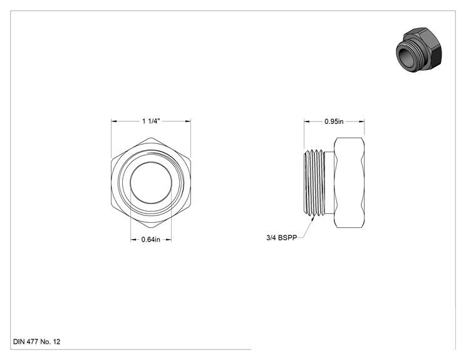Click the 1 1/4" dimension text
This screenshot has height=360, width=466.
click(x=151, y=121)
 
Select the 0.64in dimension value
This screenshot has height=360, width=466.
click(x=151, y=239)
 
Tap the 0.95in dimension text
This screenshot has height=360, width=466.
click(x=334, y=121)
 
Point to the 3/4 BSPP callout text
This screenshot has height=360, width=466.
click(x=282, y=238)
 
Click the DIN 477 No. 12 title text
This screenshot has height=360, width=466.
click(x=37, y=342)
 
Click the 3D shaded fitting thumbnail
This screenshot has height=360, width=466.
click(x=419, y=50)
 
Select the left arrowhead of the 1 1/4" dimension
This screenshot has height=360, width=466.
click(x=114, y=121)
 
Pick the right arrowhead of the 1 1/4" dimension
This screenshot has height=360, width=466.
click(x=188, y=121)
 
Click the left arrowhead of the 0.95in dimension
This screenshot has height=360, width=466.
click(x=307, y=121)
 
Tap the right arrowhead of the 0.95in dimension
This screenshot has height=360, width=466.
click(x=361, y=121)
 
